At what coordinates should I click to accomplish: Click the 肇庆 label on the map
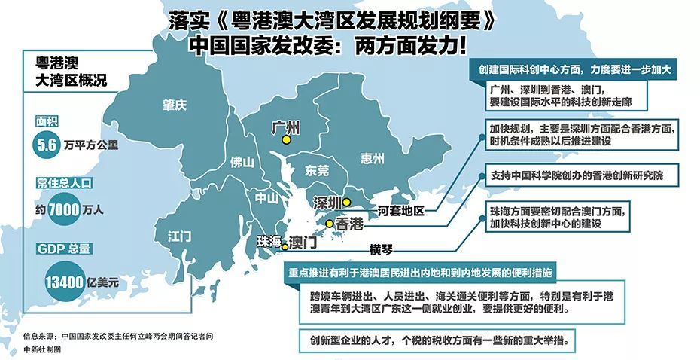pos(174,106)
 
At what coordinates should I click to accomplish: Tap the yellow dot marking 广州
pos(286,140)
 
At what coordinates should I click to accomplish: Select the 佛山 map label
pos(242,161)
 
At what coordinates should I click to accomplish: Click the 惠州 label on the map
pos(373,158)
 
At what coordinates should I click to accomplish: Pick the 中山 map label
pos(267,199)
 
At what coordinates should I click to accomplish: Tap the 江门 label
pos(180,235)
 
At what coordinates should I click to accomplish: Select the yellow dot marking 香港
pos(330,224)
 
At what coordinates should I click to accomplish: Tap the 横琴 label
pos(382,249)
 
